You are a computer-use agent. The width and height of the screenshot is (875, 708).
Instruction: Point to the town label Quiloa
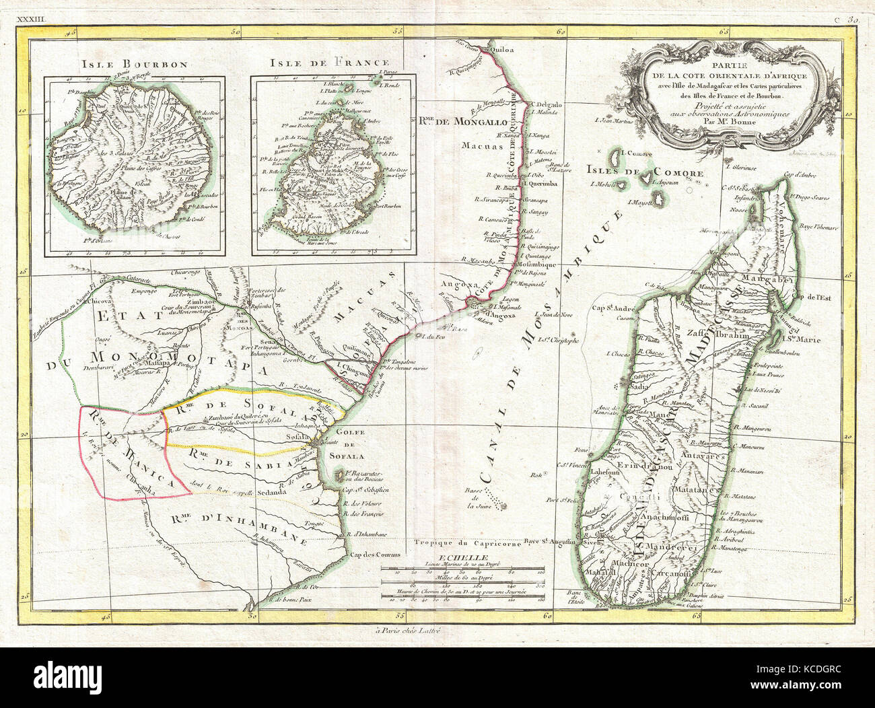pos(503,49)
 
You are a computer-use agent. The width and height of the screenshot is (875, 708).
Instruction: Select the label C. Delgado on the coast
pos(545,104)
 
